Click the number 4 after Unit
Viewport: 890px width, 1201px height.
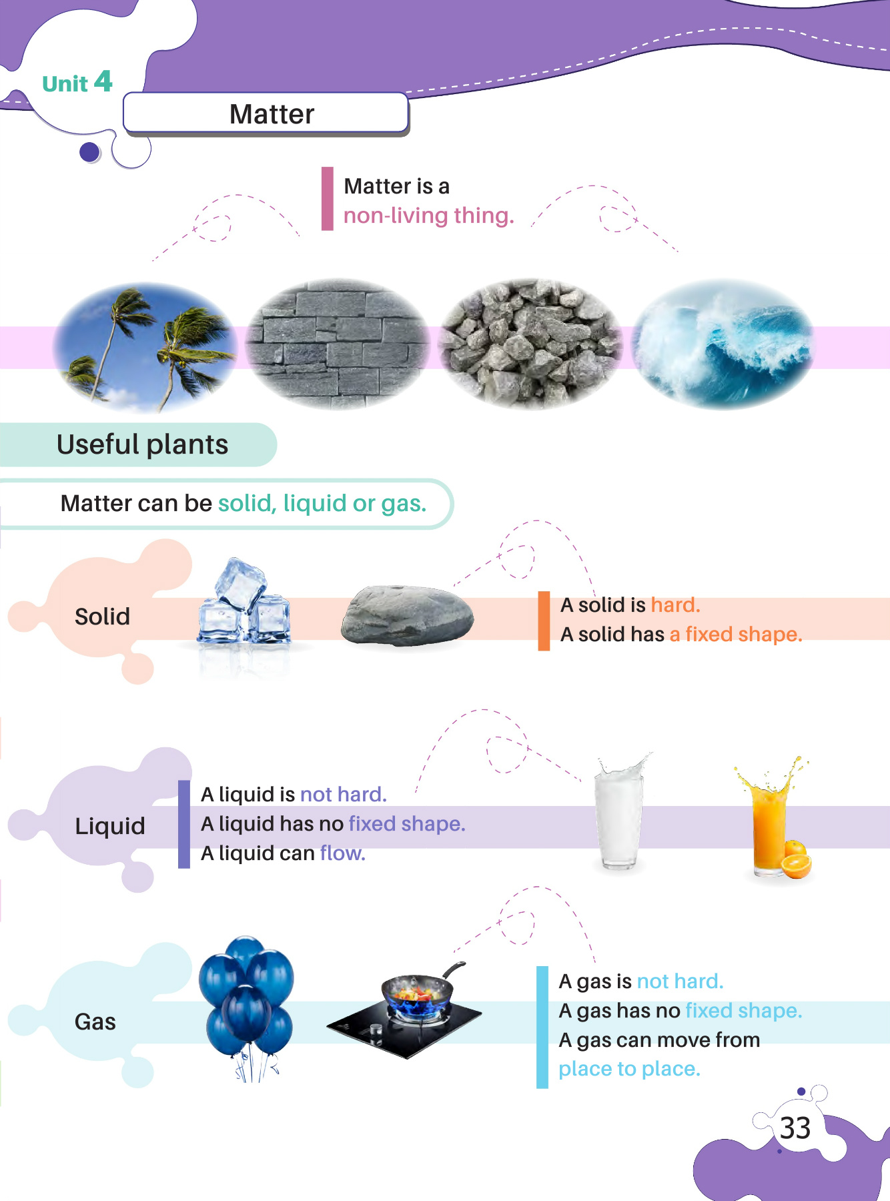103,81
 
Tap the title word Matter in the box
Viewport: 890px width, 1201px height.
272,114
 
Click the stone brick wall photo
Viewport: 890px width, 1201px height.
337,344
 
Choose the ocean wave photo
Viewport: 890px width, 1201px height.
723,344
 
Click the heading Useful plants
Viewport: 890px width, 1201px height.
142,444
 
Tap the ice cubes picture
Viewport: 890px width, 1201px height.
244,604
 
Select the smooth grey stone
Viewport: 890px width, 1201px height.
407,616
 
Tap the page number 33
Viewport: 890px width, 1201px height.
795,1128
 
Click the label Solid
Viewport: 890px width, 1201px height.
102,617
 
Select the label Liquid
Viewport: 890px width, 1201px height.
110,826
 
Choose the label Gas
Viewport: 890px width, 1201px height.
95,1022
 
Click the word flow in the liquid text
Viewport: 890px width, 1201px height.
342,853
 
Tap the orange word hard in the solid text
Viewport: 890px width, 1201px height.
674,605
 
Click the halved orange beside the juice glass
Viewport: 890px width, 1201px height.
796,865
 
